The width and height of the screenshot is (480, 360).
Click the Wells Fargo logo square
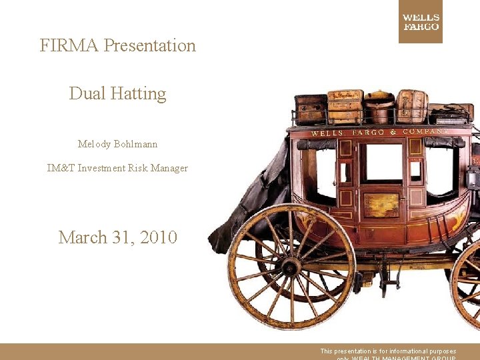(x=420, y=22)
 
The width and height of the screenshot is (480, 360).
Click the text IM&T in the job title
(x=61, y=168)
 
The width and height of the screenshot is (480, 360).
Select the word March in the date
(x=83, y=237)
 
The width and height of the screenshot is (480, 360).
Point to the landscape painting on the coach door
(x=381, y=205)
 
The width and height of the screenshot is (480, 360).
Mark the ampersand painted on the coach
(x=393, y=132)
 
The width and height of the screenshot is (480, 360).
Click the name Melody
(x=93, y=144)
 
